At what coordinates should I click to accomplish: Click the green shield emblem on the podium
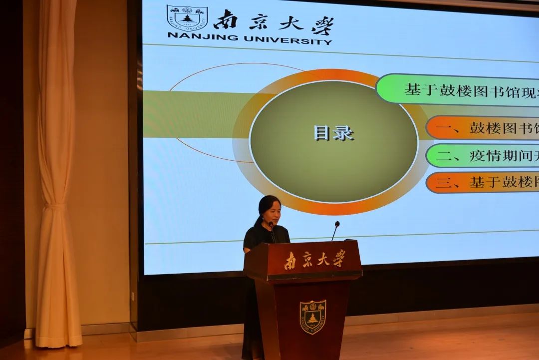point(312,317)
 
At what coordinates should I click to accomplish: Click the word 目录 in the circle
point(333,133)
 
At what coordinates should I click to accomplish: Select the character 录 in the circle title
point(343,133)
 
